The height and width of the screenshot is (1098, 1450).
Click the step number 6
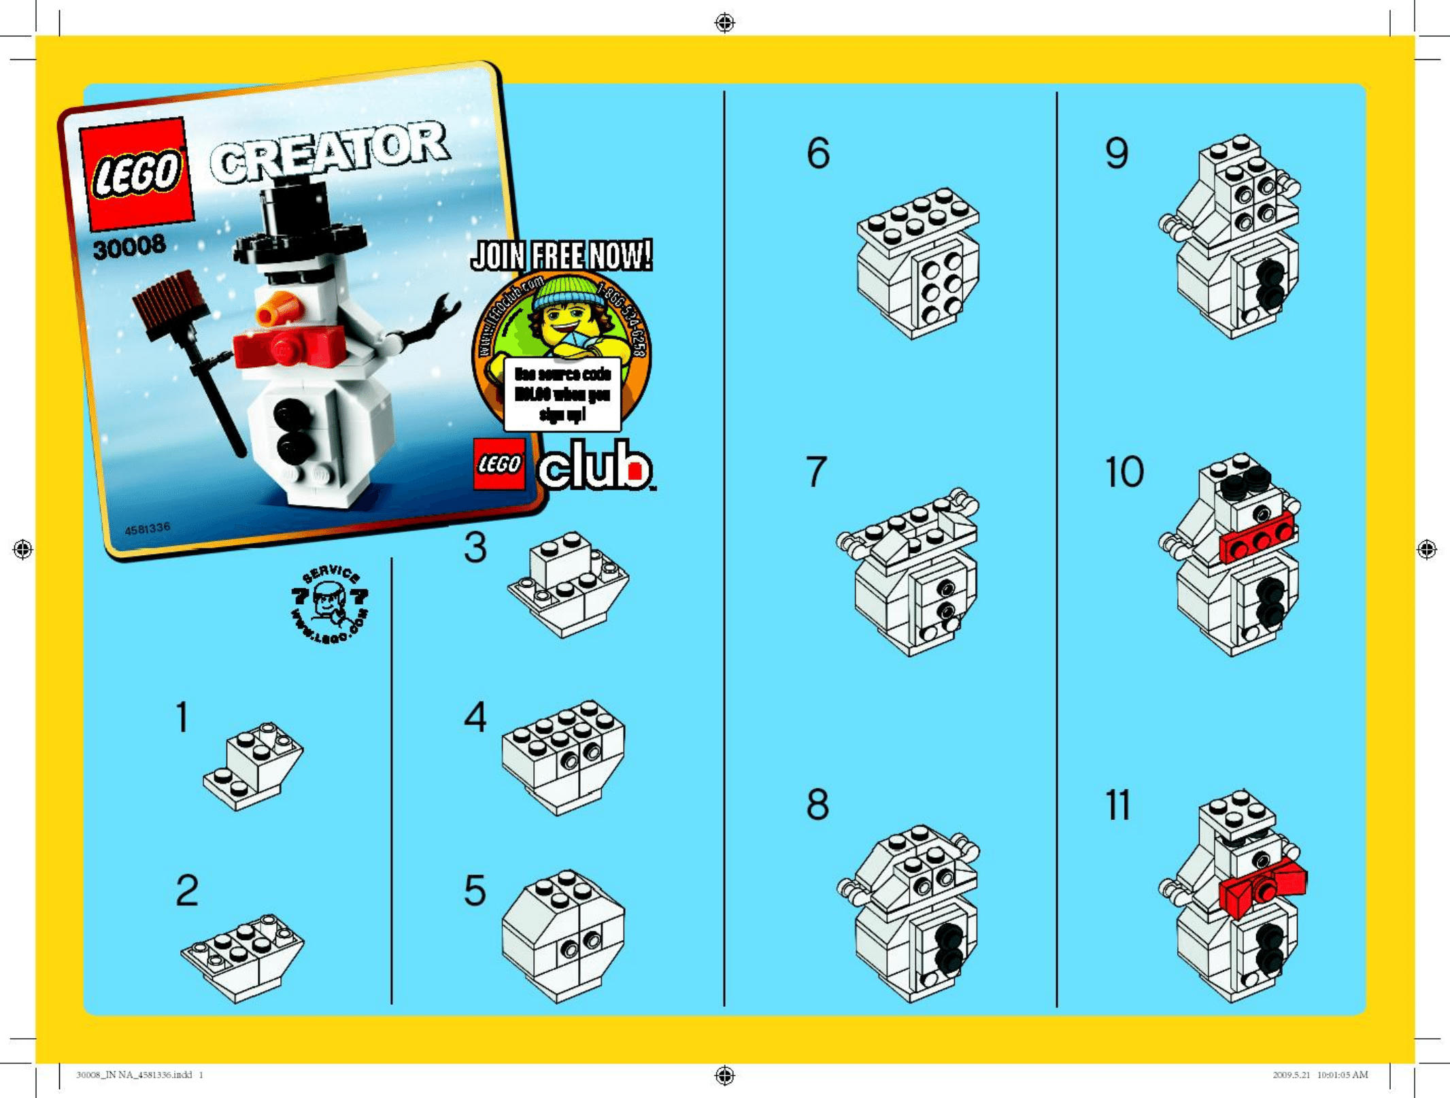(818, 153)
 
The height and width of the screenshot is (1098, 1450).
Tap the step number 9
(1117, 153)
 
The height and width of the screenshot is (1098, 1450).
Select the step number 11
(1117, 805)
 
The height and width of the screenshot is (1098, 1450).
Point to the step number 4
(475, 717)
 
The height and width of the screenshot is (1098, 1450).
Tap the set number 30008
(129, 246)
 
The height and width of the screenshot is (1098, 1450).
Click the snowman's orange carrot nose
(278, 310)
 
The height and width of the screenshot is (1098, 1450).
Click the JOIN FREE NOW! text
(562, 256)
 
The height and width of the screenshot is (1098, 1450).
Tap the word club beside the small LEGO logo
(596, 466)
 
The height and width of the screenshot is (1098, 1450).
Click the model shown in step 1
(254, 767)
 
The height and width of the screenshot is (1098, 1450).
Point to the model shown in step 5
(563, 935)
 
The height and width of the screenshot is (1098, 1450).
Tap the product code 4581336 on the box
(148, 529)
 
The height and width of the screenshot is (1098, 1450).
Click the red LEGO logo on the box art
(137, 173)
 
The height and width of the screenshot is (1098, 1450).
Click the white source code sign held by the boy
(562, 394)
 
